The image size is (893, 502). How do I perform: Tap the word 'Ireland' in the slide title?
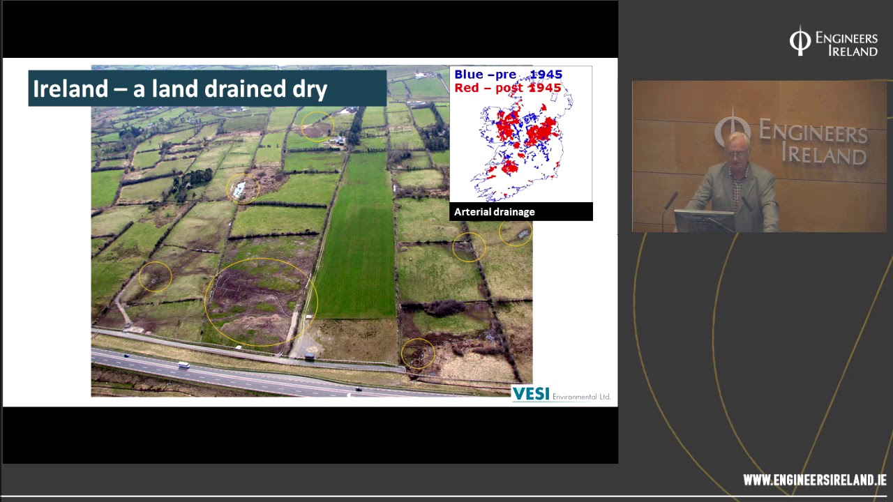pos(61,89)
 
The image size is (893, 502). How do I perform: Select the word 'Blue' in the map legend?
pos(469,75)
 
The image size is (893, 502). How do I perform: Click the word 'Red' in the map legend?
pos(466,88)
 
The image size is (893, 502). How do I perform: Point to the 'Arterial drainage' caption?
pos(495,212)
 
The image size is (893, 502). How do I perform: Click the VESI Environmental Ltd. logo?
pos(562,394)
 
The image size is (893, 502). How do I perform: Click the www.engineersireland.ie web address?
pos(814,480)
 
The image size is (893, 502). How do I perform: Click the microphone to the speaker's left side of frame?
pos(670,202)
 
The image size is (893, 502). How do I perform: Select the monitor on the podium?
pos(704,220)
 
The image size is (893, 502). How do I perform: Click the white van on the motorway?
pos(183,364)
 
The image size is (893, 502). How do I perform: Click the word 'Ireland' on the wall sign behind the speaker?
pos(824,153)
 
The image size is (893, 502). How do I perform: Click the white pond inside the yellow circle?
pos(240,188)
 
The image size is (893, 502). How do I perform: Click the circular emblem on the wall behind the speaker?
pos(732,129)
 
